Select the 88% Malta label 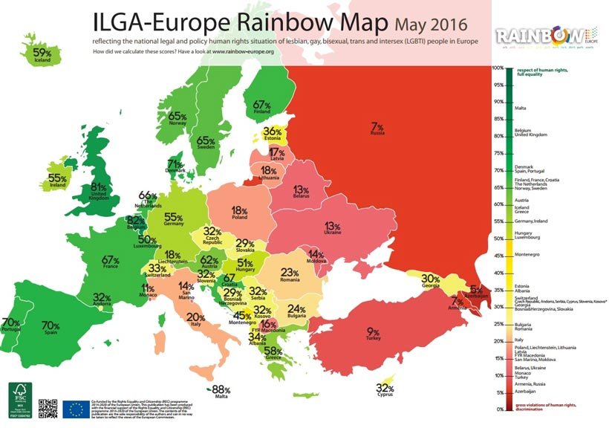point(222,389)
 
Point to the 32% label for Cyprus point(385,388)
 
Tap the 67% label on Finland point(261,106)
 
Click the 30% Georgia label point(431,279)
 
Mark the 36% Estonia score point(273,132)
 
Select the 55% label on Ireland point(58,178)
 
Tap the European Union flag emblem point(74,407)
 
